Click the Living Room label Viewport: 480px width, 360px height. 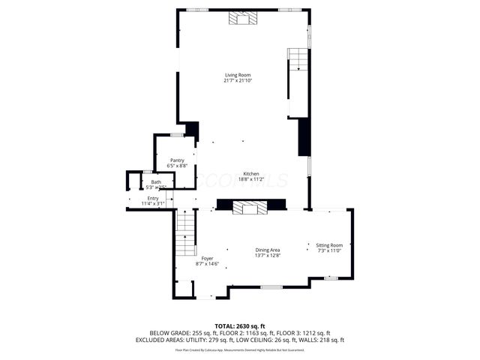coord(238,75)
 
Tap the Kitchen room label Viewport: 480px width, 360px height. coord(250,173)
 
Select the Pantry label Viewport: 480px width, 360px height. coord(177,160)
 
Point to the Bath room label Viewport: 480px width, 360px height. coord(156,181)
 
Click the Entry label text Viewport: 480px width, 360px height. coord(153,198)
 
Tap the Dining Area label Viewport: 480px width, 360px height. coord(268,250)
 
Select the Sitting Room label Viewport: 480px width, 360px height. coord(329,245)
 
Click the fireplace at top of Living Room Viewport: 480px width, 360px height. coord(242,19)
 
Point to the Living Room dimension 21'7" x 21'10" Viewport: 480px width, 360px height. coord(238,81)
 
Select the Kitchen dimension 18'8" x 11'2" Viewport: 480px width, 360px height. coord(250,179)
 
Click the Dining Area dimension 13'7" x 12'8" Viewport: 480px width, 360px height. coord(268,256)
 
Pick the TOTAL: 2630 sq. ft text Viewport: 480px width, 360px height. coord(240,325)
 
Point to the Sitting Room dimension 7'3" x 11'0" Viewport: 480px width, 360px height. coord(329,251)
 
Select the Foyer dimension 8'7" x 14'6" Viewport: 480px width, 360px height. coord(207,264)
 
